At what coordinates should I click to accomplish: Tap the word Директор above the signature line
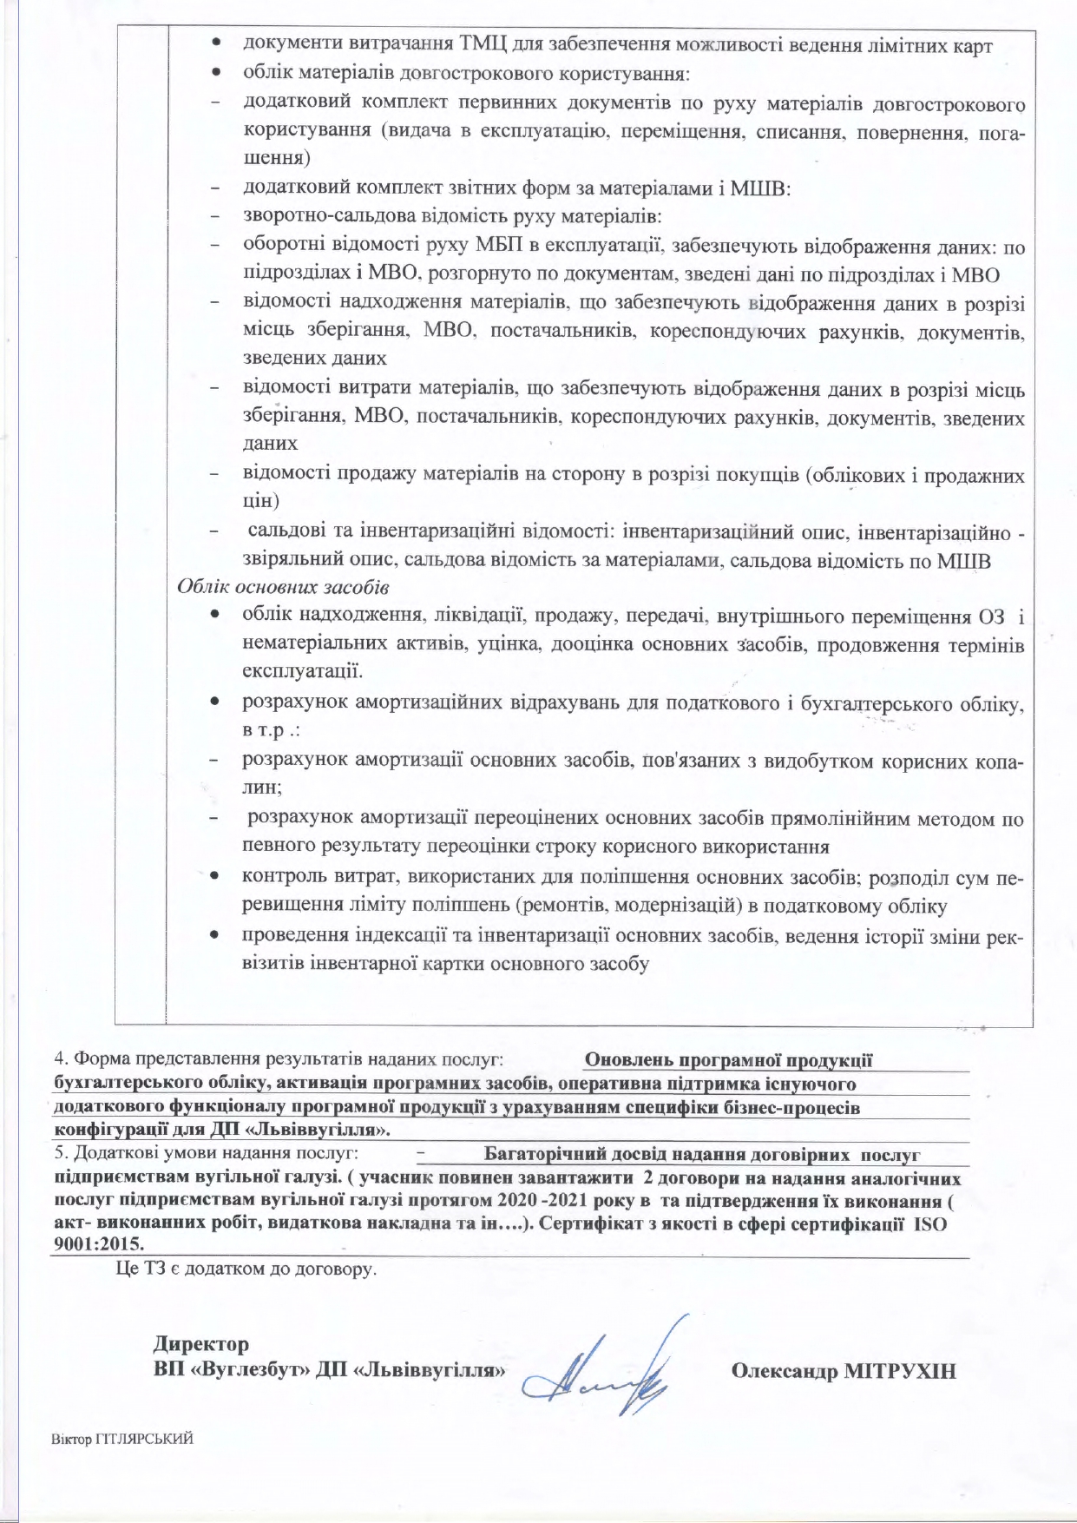point(201,1344)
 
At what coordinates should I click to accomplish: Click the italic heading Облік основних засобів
point(283,587)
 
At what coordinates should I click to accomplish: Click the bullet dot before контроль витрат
point(212,878)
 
